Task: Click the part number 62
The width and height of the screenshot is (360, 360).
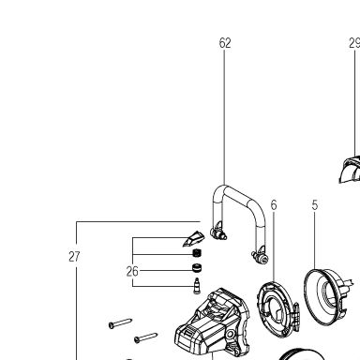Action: pyautogui.click(x=225, y=43)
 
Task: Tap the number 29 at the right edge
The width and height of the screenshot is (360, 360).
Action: pyautogui.click(x=354, y=43)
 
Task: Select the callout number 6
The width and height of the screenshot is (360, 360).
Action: pyautogui.click(x=274, y=205)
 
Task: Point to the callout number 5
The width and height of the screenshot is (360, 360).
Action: pyautogui.click(x=315, y=205)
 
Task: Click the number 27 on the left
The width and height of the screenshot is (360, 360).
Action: pyautogui.click(x=74, y=257)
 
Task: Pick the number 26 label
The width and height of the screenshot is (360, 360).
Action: pyautogui.click(x=132, y=271)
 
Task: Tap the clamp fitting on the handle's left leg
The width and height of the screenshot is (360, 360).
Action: pyautogui.click(x=218, y=232)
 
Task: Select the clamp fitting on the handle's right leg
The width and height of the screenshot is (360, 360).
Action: pyautogui.click(x=260, y=255)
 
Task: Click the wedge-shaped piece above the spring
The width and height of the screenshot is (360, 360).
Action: pyautogui.click(x=193, y=239)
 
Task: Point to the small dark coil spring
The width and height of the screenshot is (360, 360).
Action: pyautogui.click(x=197, y=253)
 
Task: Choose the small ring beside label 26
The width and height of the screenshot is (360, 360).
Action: pyautogui.click(x=197, y=268)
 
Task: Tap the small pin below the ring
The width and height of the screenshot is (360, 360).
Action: pyautogui.click(x=197, y=286)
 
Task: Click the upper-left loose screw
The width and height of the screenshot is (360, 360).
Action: pyautogui.click(x=120, y=323)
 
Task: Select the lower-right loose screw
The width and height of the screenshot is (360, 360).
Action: pyautogui.click(x=145, y=337)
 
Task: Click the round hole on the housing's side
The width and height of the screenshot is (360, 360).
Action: pyautogui.click(x=231, y=334)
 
